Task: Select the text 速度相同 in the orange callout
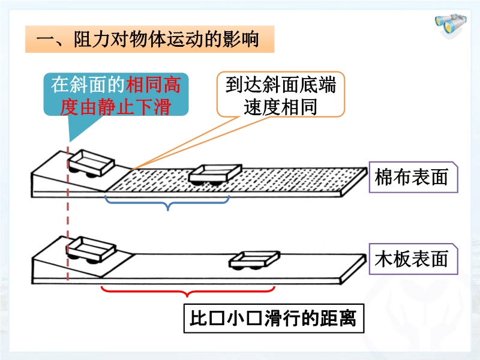pyautogui.click(x=280, y=106)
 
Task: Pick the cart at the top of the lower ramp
pyautogui.click(x=90, y=248)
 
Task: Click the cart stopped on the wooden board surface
pyautogui.click(x=255, y=259)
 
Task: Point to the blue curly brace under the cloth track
pyautogui.click(x=168, y=204)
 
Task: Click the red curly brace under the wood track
pyautogui.click(x=187, y=292)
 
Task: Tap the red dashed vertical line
pyautogui.click(x=68, y=228)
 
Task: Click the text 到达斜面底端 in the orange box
pyautogui.click(x=280, y=85)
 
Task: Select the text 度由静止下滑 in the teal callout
pyautogui.click(x=116, y=106)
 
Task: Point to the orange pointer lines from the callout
pyautogui.click(x=180, y=144)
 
